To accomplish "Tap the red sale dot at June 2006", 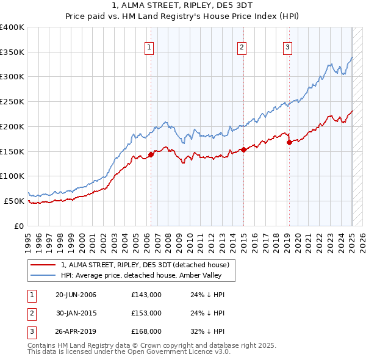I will tap(151, 154).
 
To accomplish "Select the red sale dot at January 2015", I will tap(243, 149).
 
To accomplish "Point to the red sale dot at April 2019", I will tap(289, 142).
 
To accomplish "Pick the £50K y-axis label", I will tap(14, 201).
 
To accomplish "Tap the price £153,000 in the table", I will tap(146, 313).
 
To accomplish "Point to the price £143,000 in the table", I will tap(146, 295).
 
